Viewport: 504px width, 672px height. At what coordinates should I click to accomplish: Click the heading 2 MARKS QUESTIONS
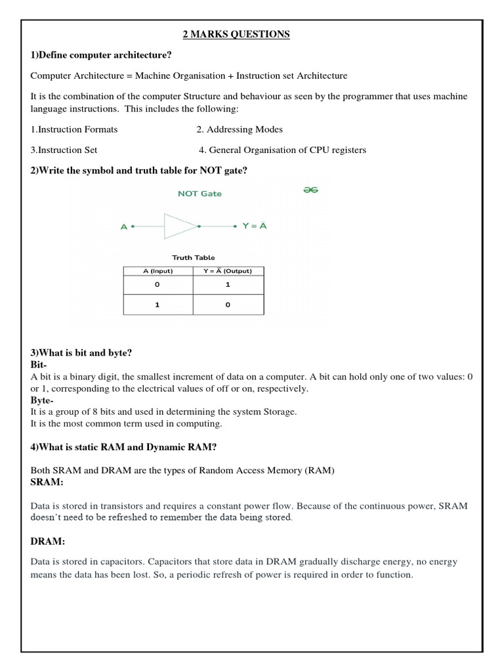pos(234,34)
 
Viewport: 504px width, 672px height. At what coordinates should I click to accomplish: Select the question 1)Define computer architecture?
pos(101,55)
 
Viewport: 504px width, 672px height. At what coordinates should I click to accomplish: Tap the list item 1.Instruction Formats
pos(74,129)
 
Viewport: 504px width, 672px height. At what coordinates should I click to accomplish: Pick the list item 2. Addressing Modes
pos(240,129)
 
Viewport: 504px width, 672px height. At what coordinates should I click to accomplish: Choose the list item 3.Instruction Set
pos(64,150)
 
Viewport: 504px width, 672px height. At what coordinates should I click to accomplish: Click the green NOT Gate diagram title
pos(199,194)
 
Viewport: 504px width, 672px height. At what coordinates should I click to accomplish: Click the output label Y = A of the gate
pos(254,226)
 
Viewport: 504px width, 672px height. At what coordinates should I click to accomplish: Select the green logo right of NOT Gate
pos(310,190)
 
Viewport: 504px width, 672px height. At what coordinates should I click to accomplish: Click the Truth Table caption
pos(193,257)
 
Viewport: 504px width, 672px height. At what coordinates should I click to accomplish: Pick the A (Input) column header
pos(157,271)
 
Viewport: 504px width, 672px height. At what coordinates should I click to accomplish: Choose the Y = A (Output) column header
pos(228,271)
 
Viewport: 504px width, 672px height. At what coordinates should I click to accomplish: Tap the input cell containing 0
pos(157,285)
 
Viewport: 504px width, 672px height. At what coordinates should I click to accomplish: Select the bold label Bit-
pos(39,364)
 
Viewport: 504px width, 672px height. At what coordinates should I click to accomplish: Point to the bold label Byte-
pos(43,400)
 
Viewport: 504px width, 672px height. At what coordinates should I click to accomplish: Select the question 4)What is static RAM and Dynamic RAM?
pos(124,448)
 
